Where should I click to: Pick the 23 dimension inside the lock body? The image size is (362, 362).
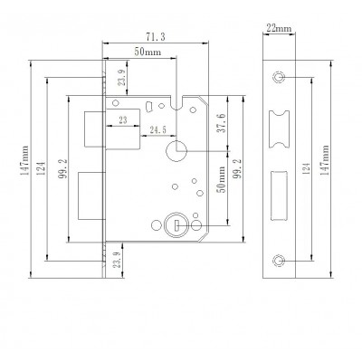pos(121,118)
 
